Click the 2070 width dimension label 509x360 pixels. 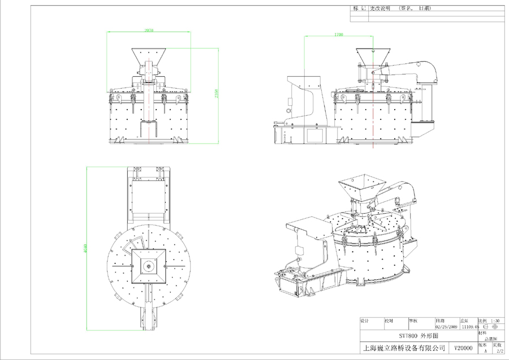coord(149,30)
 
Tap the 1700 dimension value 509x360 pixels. coord(338,34)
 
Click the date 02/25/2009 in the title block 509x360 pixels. coord(446,326)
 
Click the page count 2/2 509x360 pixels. coord(499,350)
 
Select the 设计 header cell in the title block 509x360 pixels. coord(365,320)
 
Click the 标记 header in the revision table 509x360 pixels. coord(359,9)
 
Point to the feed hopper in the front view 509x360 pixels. coord(149,57)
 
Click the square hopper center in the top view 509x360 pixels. coord(149,264)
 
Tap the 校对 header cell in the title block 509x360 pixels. coord(389,320)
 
